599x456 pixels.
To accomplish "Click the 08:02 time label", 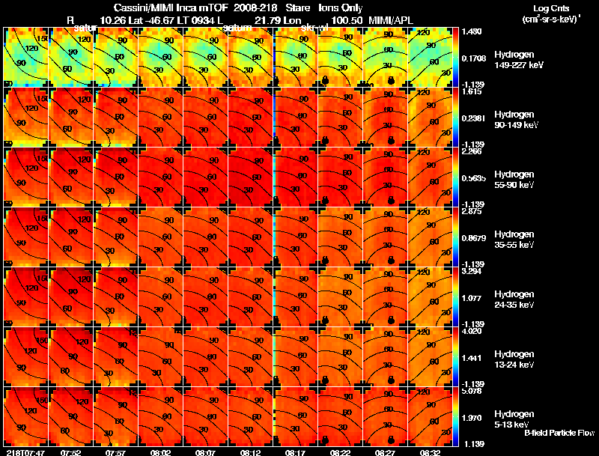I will (x=160, y=452).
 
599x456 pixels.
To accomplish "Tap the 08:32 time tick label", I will (x=430, y=452).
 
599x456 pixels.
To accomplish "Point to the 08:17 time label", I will (x=295, y=452).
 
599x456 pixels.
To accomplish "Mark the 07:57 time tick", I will (x=115, y=452).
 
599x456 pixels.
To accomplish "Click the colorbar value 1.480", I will (x=472, y=31).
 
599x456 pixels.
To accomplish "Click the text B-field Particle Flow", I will (x=559, y=434).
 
